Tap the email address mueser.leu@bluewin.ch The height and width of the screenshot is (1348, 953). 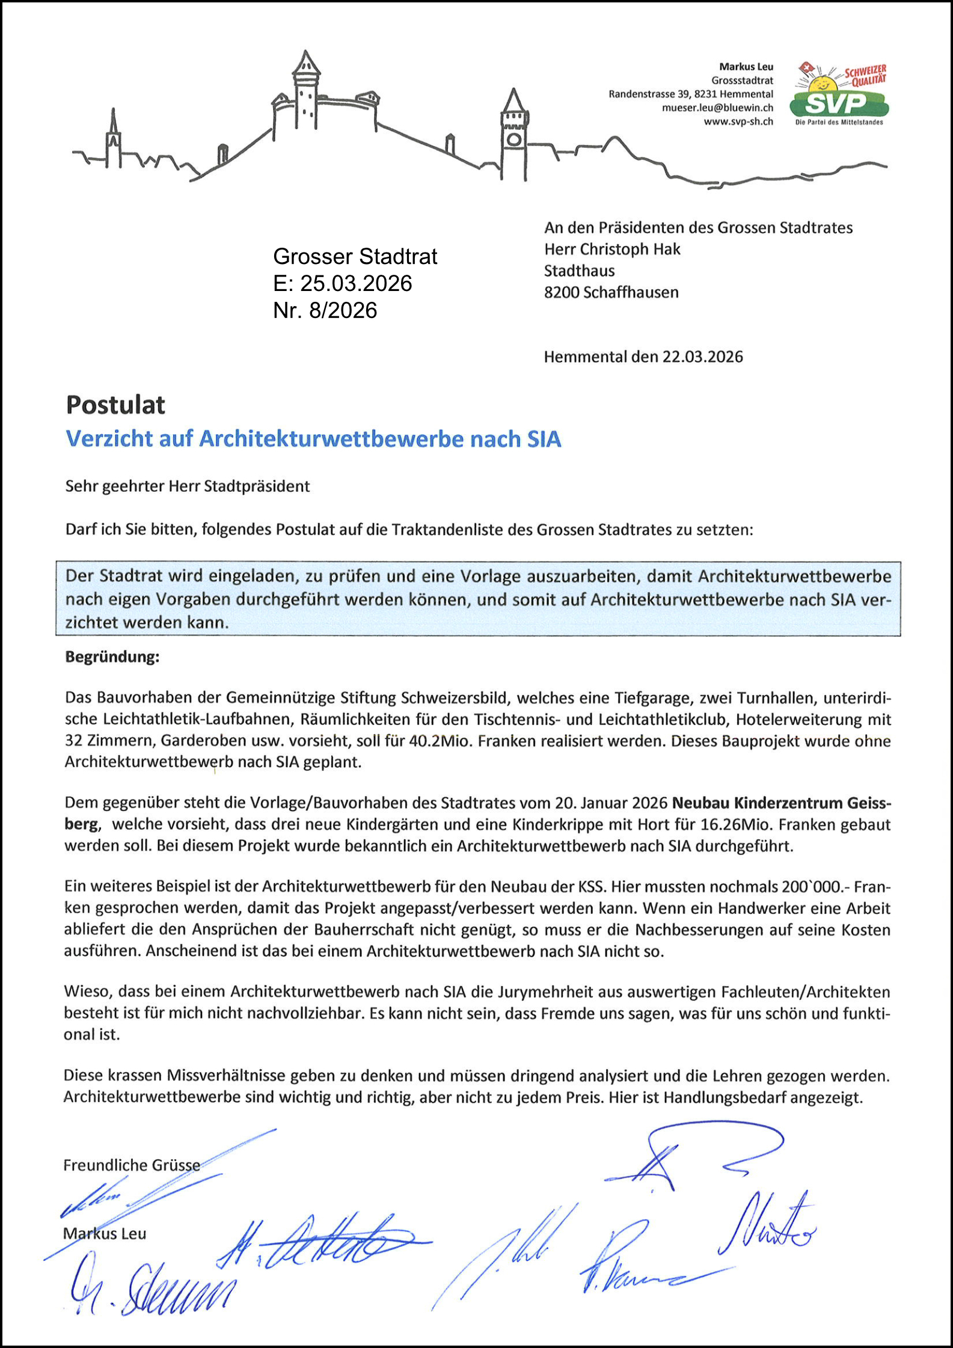717,108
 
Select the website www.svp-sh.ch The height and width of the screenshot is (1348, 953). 738,121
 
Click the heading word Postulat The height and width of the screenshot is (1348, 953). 115,405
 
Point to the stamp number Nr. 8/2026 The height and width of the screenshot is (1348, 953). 325,310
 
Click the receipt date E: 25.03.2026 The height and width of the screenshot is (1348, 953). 342,283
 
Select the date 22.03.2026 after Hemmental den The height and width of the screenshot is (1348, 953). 702,357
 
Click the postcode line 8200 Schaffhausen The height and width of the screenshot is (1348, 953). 611,292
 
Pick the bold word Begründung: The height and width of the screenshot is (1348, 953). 112,657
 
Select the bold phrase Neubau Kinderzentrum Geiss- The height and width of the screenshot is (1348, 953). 781,803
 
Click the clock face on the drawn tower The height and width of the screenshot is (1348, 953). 513,139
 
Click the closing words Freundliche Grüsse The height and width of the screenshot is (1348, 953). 132,1165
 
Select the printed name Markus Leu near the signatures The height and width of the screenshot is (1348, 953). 105,1234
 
